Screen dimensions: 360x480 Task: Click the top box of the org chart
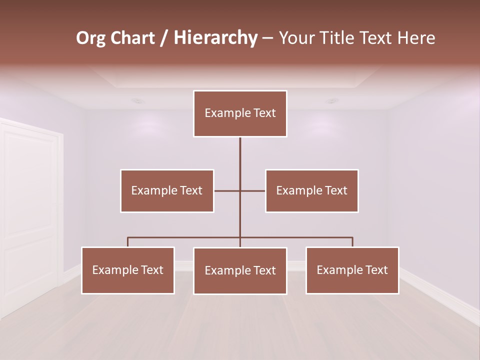[x=240, y=113]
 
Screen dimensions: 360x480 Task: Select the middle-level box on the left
[x=167, y=190]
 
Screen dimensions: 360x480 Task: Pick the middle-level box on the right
[x=311, y=190]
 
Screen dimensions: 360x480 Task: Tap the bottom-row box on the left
[x=128, y=270]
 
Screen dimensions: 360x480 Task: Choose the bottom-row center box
[x=240, y=270]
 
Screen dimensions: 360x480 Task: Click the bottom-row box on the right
[x=352, y=270]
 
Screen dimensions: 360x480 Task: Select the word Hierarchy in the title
[x=215, y=38]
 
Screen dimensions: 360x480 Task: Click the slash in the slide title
[x=164, y=38]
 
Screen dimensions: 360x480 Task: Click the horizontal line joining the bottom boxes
[x=185, y=237]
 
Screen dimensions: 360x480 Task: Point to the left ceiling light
[x=137, y=100]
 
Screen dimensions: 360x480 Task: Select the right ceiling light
[x=331, y=100]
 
